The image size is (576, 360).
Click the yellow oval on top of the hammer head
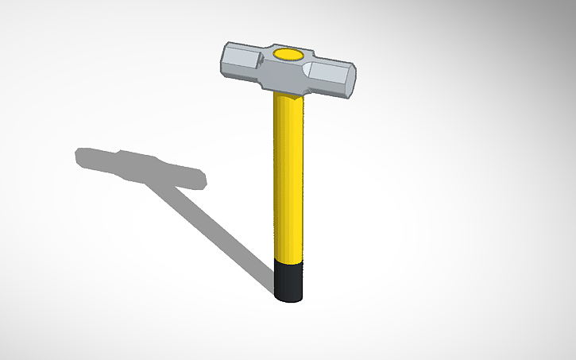click(288, 54)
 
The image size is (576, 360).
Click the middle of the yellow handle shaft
click(288, 175)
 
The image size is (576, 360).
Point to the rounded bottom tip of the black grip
click(289, 300)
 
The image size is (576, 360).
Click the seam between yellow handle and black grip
click(289, 259)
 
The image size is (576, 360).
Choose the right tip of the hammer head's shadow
click(204, 178)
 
